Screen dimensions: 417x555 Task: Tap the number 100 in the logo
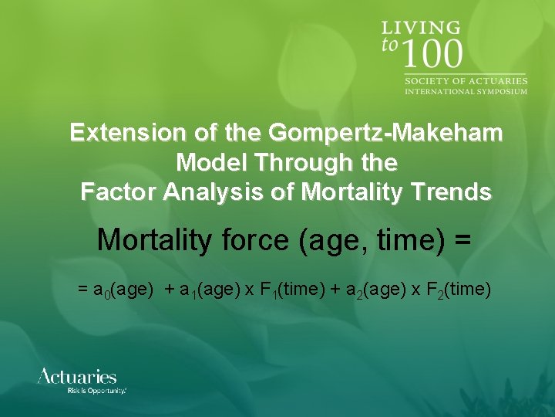pyautogui.click(x=432, y=55)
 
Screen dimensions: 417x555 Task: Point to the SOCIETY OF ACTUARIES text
pyautogui.click(x=466, y=80)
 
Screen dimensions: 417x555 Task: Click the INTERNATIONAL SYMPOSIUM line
pyautogui.click(x=466, y=91)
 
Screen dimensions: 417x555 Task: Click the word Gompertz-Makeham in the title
pyautogui.click(x=385, y=133)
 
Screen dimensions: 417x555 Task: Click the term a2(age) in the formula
pyautogui.click(x=378, y=290)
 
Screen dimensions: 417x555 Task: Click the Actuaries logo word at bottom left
pyautogui.click(x=77, y=377)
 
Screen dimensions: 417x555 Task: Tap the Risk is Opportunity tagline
pyautogui.click(x=96, y=392)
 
